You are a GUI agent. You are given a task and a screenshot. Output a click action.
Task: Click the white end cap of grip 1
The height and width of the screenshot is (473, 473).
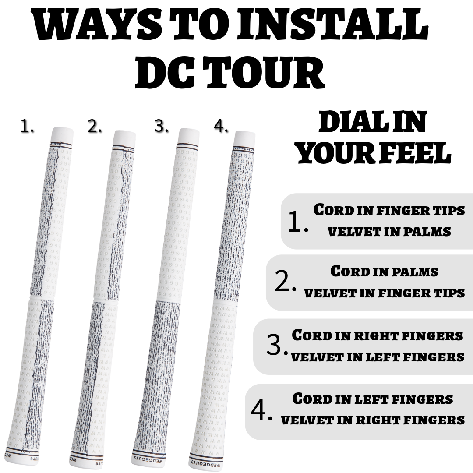click(63, 135)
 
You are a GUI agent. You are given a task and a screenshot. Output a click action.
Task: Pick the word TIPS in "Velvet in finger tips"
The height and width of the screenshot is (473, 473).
click(449, 293)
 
